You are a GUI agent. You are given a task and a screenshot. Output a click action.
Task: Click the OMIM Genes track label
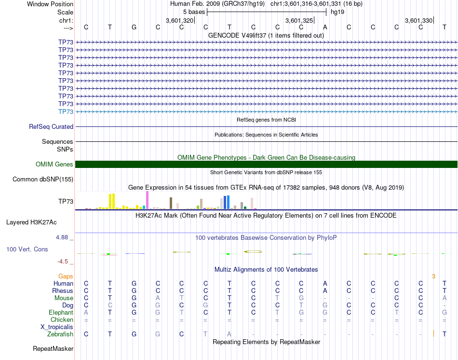pyautogui.click(x=54, y=165)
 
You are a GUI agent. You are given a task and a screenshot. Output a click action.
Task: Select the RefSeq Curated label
pyautogui.click(x=51, y=127)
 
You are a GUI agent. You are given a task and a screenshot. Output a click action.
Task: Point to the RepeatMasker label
pyautogui.click(x=53, y=348)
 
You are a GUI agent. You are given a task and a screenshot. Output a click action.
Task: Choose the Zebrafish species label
pyautogui.click(x=60, y=334)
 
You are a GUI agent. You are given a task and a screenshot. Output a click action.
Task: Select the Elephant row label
pyautogui.click(x=61, y=313)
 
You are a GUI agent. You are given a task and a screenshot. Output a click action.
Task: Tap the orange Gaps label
pyautogui.click(x=66, y=277)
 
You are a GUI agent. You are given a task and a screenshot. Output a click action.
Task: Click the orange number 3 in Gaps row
pyautogui.click(x=433, y=277)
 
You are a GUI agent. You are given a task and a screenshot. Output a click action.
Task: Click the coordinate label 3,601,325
pyautogui.click(x=299, y=21)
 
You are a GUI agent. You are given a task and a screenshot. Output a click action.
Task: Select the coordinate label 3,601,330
pyautogui.click(x=418, y=21)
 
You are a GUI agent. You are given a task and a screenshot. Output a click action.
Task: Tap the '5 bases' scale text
pyautogui.click(x=194, y=11)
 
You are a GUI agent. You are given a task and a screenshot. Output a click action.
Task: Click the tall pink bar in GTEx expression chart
pyautogui.click(x=147, y=200)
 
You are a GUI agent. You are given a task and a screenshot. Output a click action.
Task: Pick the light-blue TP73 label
pyautogui.click(x=66, y=111)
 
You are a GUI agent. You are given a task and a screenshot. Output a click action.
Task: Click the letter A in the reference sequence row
pyautogui.click(x=325, y=27)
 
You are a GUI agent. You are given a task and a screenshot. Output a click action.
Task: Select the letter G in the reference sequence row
pyautogui.click(x=134, y=27)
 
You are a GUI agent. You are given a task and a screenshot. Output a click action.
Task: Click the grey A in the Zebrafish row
pyautogui.click(x=229, y=334)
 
